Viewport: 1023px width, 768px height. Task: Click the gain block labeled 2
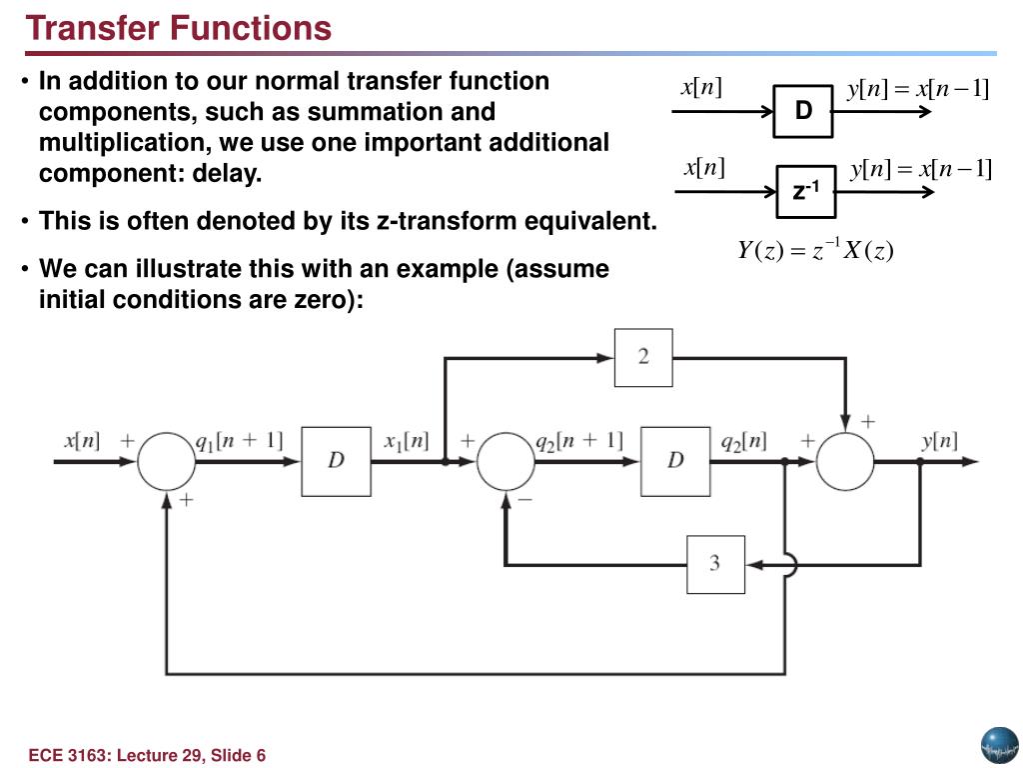(x=642, y=357)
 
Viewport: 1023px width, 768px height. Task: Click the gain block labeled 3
(x=714, y=564)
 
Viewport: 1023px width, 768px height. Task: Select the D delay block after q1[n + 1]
(x=336, y=460)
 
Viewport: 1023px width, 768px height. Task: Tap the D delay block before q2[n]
(x=675, y=460)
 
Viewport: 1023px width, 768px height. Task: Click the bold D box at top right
(x=803, y=111)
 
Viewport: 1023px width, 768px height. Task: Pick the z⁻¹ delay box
(x=805, y=190)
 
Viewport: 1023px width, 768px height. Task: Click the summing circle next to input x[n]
(x=166, y=462)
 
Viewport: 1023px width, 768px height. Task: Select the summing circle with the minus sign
(x=506, y=462)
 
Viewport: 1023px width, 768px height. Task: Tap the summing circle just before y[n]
(x=845, y=462)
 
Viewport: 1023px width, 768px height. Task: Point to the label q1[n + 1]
(x=239, y=440)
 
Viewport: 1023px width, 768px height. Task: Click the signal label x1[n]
(x=407, y=440)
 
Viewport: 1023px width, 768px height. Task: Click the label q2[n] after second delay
(x=744, y=440)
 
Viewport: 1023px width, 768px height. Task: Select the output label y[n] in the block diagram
(x=939, y=440)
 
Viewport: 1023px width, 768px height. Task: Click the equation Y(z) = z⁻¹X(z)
(x=815, y=252)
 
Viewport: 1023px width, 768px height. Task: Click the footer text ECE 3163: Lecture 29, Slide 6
(x=147, y=755)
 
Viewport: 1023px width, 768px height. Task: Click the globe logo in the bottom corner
(x=998, y=744)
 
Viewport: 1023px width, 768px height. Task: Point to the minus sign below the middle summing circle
(x=526, y=500)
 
